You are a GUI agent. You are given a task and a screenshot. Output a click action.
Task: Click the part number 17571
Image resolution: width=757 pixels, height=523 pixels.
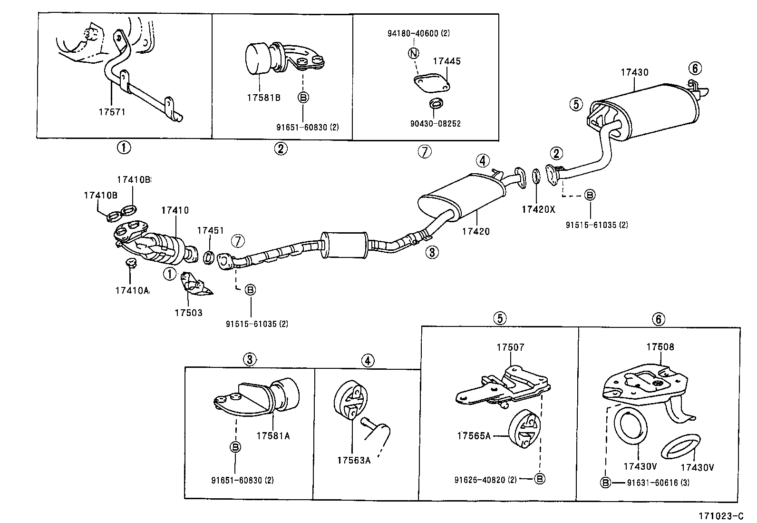click(x=113, y=112)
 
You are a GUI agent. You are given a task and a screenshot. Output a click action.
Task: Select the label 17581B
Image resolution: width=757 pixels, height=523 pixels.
click(x=263, y=98)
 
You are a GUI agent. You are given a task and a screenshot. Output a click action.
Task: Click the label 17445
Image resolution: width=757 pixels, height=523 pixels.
click(x=446, y=61)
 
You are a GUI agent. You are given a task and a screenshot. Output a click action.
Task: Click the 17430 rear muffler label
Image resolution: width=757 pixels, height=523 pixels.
click(x=634, y=72)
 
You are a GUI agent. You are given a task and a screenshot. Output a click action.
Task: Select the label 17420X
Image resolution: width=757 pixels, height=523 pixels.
click(x=538, y=209)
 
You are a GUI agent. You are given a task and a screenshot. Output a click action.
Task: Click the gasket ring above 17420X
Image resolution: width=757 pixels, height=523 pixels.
click(x=535, y=176)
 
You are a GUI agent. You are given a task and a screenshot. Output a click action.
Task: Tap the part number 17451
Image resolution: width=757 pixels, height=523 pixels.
click(x=210, y=230)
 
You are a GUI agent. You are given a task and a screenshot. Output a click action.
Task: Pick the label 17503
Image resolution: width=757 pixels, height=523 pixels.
click(x=188, y=313)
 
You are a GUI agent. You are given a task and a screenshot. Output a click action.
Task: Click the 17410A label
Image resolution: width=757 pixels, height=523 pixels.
click(x=132, y=290)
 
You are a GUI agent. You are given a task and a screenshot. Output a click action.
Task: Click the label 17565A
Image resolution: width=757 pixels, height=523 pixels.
click(x=474, y=435)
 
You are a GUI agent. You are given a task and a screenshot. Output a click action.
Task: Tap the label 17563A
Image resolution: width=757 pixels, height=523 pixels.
click(x=354, y=460)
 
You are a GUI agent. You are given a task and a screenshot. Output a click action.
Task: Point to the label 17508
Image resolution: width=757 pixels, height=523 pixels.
click(x=660, y=347)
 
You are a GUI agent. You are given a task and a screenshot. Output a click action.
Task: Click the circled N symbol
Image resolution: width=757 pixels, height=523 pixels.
click(x=413, y=53)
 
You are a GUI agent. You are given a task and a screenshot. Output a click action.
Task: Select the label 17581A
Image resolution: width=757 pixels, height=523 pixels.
click(x=273, y=435)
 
